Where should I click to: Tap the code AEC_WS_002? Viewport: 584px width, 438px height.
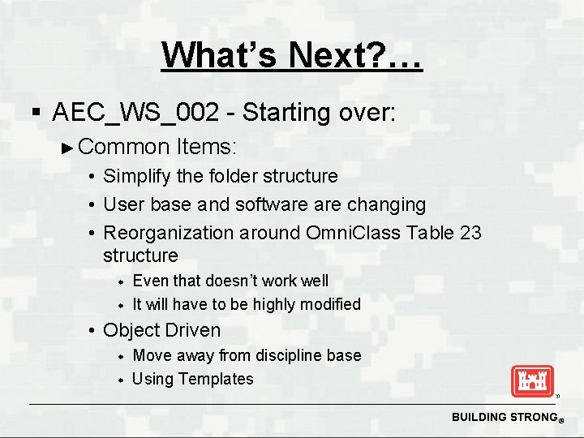coord(135,112)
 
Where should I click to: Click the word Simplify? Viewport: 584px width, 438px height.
coord(137,176)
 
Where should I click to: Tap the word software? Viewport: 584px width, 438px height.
coord(273,204)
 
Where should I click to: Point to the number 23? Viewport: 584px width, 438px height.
coord(470,233)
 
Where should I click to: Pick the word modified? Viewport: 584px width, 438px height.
coord(329,304)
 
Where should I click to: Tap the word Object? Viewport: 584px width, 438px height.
coord(132,330)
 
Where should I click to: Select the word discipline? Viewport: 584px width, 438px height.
coord(287,355)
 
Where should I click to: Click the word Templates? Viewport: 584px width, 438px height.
coord(216,379)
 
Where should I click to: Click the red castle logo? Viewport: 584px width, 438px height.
coord(532,381)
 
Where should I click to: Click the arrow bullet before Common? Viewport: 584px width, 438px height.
coord(68,148)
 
